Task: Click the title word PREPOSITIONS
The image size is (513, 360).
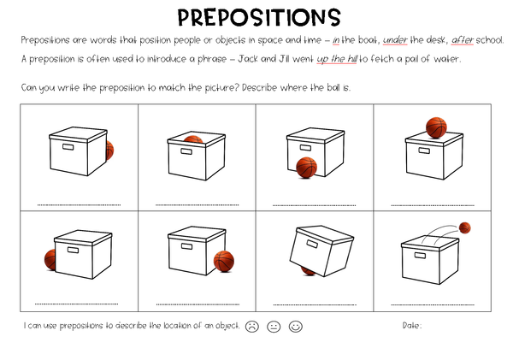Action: (x=259, y=17)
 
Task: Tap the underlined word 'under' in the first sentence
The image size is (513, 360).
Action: (x=395, y=40)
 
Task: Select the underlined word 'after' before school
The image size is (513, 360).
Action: (x=463, y=40)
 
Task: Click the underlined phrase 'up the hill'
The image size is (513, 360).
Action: (x=337, y=59)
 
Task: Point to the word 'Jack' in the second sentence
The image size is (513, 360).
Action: (x=248, y=59)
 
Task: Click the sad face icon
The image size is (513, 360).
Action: (x=252, y=327)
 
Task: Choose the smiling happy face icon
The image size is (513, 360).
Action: (x=296, y=327)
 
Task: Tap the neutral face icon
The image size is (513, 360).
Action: (x=274, y=327)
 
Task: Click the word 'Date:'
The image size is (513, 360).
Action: (x=412, y=326)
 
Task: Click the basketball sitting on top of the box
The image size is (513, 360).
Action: (x=436, y=127)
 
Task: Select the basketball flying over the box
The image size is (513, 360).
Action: (x=464, y=227)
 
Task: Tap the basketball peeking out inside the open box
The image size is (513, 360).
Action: (x=193, y=139)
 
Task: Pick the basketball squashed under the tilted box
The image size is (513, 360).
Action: (x=308, y=271)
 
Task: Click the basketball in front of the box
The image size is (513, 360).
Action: (x=307, y=168)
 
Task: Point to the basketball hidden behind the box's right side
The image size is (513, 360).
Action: (x=110, y=150)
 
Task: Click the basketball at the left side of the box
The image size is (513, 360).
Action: (x=50, y=260)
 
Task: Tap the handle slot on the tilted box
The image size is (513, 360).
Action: (x=312, y=244)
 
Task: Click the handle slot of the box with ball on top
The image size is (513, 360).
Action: (x=424, y=150)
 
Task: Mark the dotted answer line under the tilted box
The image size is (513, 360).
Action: (x=315, y=304)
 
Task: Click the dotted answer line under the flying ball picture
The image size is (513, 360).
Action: (x=433, y=304)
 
